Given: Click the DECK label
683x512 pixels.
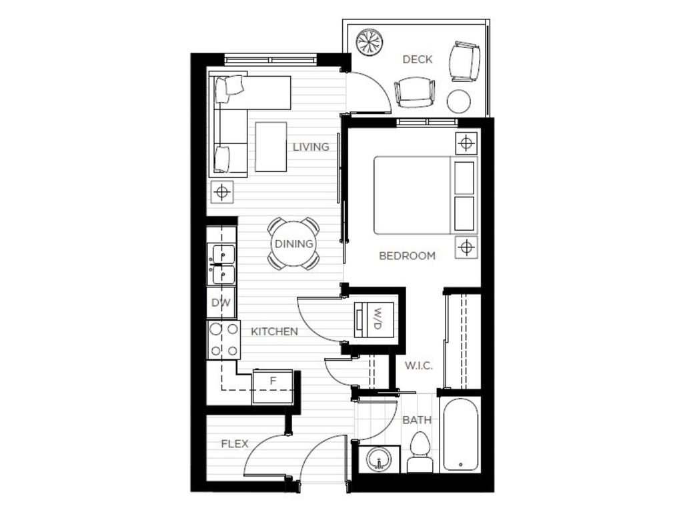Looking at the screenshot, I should [418, 59].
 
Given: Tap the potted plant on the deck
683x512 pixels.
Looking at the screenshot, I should [369, 42].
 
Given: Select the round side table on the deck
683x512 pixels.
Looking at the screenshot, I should [458, 101].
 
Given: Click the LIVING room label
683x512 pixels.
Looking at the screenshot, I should [311, 147].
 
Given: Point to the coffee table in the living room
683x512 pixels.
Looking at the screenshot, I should [270, 147].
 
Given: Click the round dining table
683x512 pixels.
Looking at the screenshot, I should [293, 243].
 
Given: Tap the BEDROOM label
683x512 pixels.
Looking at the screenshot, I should [407, 255].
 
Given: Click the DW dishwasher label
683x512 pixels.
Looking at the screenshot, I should [221, 303].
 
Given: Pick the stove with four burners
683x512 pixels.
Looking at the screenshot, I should [223, 339].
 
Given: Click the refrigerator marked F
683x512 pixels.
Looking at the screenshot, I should [273, 387].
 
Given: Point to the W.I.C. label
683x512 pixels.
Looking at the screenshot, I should [419, 365].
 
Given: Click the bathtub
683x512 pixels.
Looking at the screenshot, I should [460, 434].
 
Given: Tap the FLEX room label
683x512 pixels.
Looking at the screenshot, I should [235, 443].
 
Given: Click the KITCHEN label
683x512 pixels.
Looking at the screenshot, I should [274, 331].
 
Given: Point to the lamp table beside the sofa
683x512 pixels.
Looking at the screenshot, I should [222, 193].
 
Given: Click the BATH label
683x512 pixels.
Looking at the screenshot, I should [417, 420].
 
